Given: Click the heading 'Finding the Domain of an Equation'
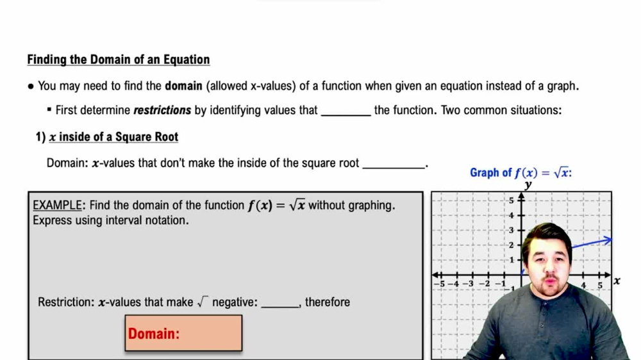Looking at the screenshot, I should [x=119, y=60].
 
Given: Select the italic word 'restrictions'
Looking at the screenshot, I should [x=162, y=110].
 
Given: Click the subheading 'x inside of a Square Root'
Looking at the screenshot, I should [x=113, y=137].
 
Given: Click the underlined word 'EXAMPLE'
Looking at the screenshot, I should [x=58, y=206].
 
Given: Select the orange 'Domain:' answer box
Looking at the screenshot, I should [x=183, y=333].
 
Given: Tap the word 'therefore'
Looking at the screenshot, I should [x=328, y=302].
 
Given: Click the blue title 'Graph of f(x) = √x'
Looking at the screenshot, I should [x=520, y=173].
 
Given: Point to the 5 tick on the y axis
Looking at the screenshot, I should [x=512, y=200].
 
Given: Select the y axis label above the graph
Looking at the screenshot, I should [x=528, y=185].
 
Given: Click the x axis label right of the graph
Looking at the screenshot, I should [x=617, y=281].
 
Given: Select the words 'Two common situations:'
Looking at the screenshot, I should [x=512, y=110].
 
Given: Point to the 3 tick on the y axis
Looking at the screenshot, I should [x=512, y=230].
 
